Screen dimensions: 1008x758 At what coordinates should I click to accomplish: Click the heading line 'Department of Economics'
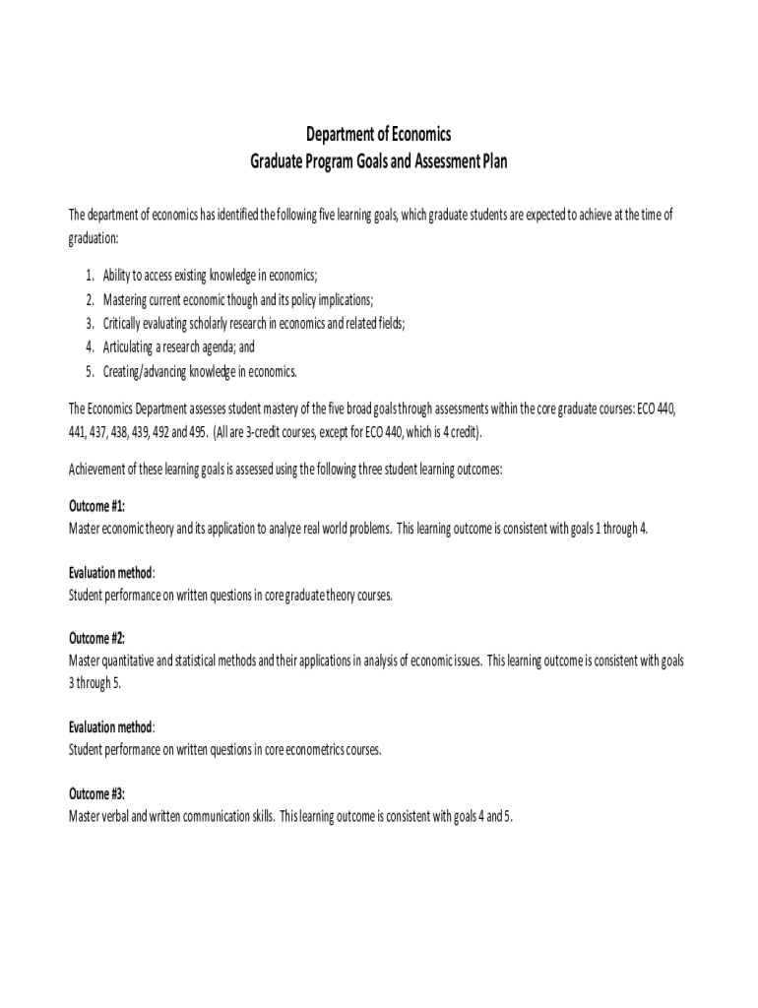point(379,135)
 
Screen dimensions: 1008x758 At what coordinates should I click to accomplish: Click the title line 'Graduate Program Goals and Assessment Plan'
point(379,160)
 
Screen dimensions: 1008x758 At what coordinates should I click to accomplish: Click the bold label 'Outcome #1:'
point(96,506)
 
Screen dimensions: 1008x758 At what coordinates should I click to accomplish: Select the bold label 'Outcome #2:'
point(96,638)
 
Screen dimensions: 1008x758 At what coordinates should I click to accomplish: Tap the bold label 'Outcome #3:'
point(96,793)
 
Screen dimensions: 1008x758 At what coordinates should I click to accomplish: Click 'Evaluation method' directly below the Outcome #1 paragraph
point(110,573)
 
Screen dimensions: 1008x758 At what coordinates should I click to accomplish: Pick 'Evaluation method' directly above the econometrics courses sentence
point(110,727)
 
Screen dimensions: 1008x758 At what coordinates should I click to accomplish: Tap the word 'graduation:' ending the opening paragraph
point(94,239)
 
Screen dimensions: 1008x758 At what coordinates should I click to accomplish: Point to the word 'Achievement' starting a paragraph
point(100,470)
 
